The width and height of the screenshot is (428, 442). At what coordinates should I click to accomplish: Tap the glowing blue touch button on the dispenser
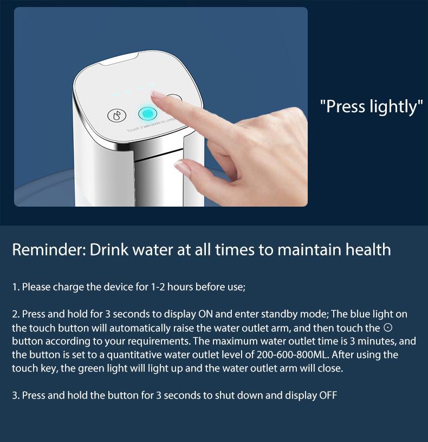(147, 113)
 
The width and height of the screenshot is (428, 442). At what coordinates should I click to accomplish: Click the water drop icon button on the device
(115, 116)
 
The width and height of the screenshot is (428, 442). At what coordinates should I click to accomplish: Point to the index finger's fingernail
(159, 95)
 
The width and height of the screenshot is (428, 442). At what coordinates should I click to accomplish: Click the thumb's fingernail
(183, 168)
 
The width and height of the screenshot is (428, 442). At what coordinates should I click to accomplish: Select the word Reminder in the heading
(48, 249)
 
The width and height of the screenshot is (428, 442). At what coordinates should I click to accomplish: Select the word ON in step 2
(206, 315)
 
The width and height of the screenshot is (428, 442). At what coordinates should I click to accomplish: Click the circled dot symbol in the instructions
(387, 328)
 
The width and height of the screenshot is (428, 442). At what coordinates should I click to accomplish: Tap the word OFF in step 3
(328, 395)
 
